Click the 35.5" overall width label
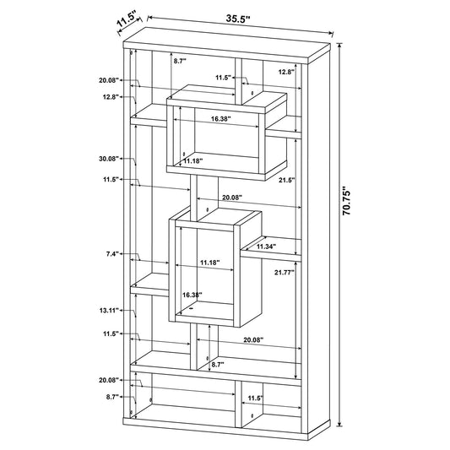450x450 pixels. (238, 19)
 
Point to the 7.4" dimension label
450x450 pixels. (112, 254)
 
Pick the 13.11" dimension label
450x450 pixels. (109, 310)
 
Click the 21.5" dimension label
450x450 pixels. (287, 180)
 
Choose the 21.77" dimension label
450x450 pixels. (285, 273)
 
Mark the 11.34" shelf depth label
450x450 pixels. (266, 247)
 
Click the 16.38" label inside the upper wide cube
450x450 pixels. (221, 119)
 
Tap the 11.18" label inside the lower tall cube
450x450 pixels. (209, 263)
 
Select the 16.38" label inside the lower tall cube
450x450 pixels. (192, 295)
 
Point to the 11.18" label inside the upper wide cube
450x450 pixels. (193, 161)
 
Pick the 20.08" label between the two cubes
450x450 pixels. (232, 198)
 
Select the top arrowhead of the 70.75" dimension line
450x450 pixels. (339, 46)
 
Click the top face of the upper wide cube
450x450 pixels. (227, 99)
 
